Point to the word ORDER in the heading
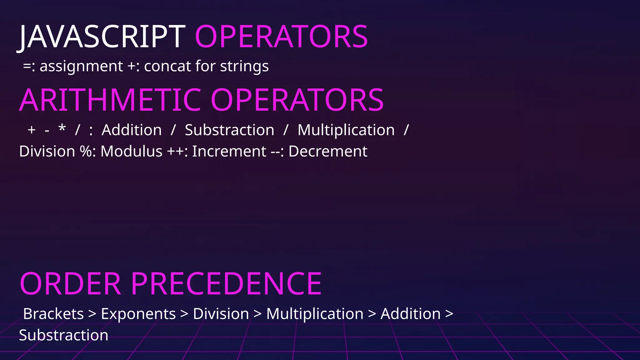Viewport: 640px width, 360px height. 70,284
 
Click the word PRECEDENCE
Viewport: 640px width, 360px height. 226,284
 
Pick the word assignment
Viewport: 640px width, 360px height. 81,66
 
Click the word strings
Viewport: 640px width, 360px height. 244,66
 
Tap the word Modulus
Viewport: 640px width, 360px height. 131,152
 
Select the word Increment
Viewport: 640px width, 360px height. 229,152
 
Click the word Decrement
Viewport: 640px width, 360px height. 328,152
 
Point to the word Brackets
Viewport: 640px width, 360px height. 53,314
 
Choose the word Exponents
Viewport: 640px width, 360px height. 138,314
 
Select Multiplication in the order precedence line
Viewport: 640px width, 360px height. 315,314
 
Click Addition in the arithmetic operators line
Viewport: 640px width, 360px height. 132,130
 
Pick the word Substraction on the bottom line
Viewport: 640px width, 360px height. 63,335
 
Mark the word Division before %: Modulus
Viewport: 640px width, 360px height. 47,152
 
